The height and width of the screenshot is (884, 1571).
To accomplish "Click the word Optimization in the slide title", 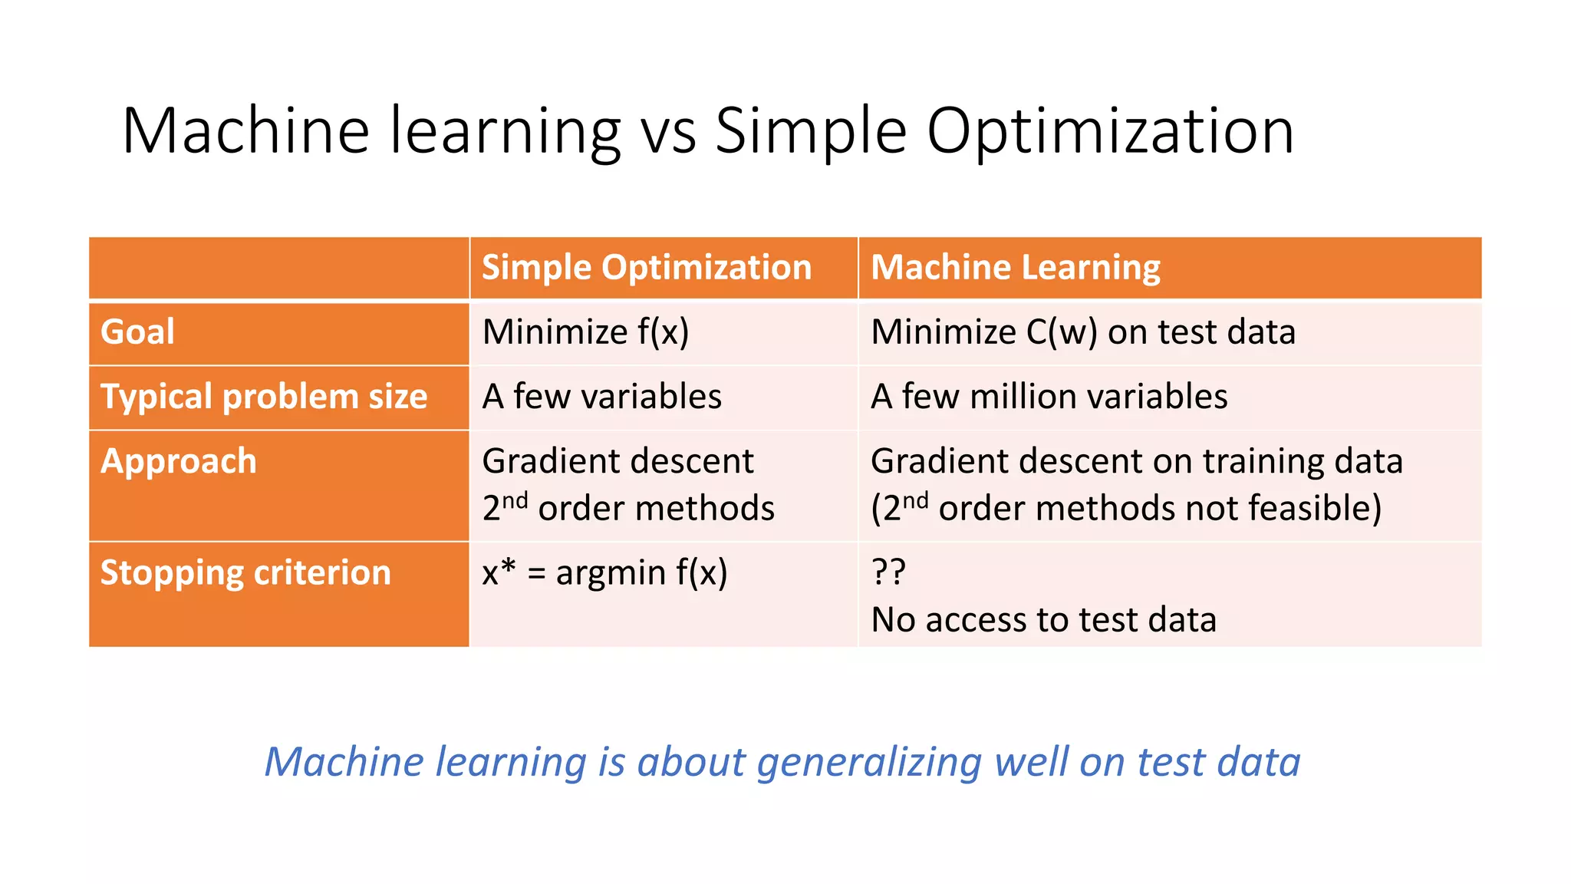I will [x=1110, y=132].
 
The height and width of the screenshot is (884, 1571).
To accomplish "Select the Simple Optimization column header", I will [x=646, y=268].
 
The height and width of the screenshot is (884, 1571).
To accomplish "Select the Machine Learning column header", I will [x=1015, y=268].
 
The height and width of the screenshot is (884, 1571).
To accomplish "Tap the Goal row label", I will [x=138, y=332].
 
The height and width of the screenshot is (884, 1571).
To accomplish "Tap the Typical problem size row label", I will [x=264, y=397].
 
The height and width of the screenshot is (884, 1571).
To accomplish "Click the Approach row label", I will [x=178, y=461].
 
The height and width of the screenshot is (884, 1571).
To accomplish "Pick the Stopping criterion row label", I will [x=245, y=572].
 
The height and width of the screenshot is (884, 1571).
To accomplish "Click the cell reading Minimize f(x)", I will [x=585, y=332].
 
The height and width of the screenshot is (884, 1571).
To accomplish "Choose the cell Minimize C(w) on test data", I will [x=1082, y=332].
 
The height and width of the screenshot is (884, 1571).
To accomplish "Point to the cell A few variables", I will [x=601, y=397].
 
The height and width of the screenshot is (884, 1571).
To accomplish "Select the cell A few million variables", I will [x=1049, y=397].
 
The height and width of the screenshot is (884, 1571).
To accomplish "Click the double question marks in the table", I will [x=888, y=572].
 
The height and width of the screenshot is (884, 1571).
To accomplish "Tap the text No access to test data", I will [x=1043, y=620].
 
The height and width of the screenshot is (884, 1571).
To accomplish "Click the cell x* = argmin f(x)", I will [x=604, y=572].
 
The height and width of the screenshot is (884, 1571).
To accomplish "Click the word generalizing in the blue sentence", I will [x=869, y=762].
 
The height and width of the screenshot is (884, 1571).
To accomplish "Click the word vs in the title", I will [x=668, y=132].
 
